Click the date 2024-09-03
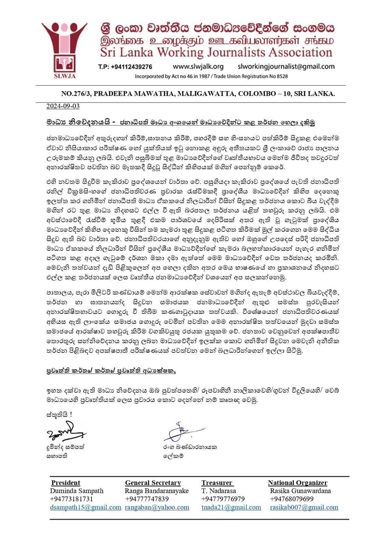[x=63, y=106]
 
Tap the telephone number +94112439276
[x=125, y=67]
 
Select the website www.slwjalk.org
[x=198, y=66]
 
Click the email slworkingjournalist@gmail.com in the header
[x=286, y=66]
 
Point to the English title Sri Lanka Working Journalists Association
[x=216, y=53]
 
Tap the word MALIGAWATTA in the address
[x=206, y=94]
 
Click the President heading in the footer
[x=66, y=483]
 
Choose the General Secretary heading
[x=153, y=483]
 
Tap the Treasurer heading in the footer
[x=217, y=483]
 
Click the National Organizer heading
[x=298, y=483]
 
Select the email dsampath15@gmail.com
[x=86, y=507]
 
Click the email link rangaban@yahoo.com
[x=157, y=507]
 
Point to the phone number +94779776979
[x=223, y=499]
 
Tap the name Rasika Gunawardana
[x=300, y=491]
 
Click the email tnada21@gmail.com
[x=231, y=507]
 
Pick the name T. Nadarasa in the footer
[x=218, y=491]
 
